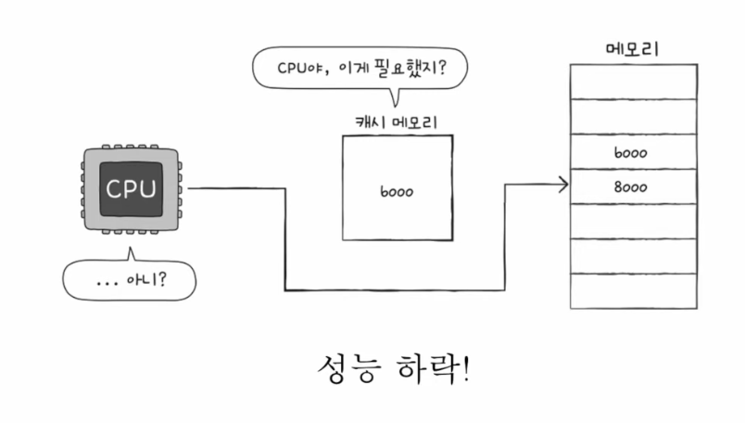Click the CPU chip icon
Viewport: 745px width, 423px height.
(132, 189)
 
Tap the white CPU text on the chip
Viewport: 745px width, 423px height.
(131, 189)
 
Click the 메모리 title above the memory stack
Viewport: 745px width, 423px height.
(632, 49)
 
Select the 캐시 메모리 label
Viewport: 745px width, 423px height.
(397, 122)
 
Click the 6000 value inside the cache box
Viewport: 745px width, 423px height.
(397, 192)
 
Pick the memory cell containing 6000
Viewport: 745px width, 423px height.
(634, 152)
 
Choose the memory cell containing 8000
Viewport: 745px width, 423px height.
(634, 186)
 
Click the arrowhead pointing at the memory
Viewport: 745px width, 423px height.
(563, 185)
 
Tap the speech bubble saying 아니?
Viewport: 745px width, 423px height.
(129, 280)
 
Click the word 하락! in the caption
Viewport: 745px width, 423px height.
(433, 367)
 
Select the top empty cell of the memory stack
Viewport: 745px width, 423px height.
(634, 82)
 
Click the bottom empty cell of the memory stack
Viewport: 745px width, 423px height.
(634, 291)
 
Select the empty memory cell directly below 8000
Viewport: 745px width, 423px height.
(634, 222)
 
